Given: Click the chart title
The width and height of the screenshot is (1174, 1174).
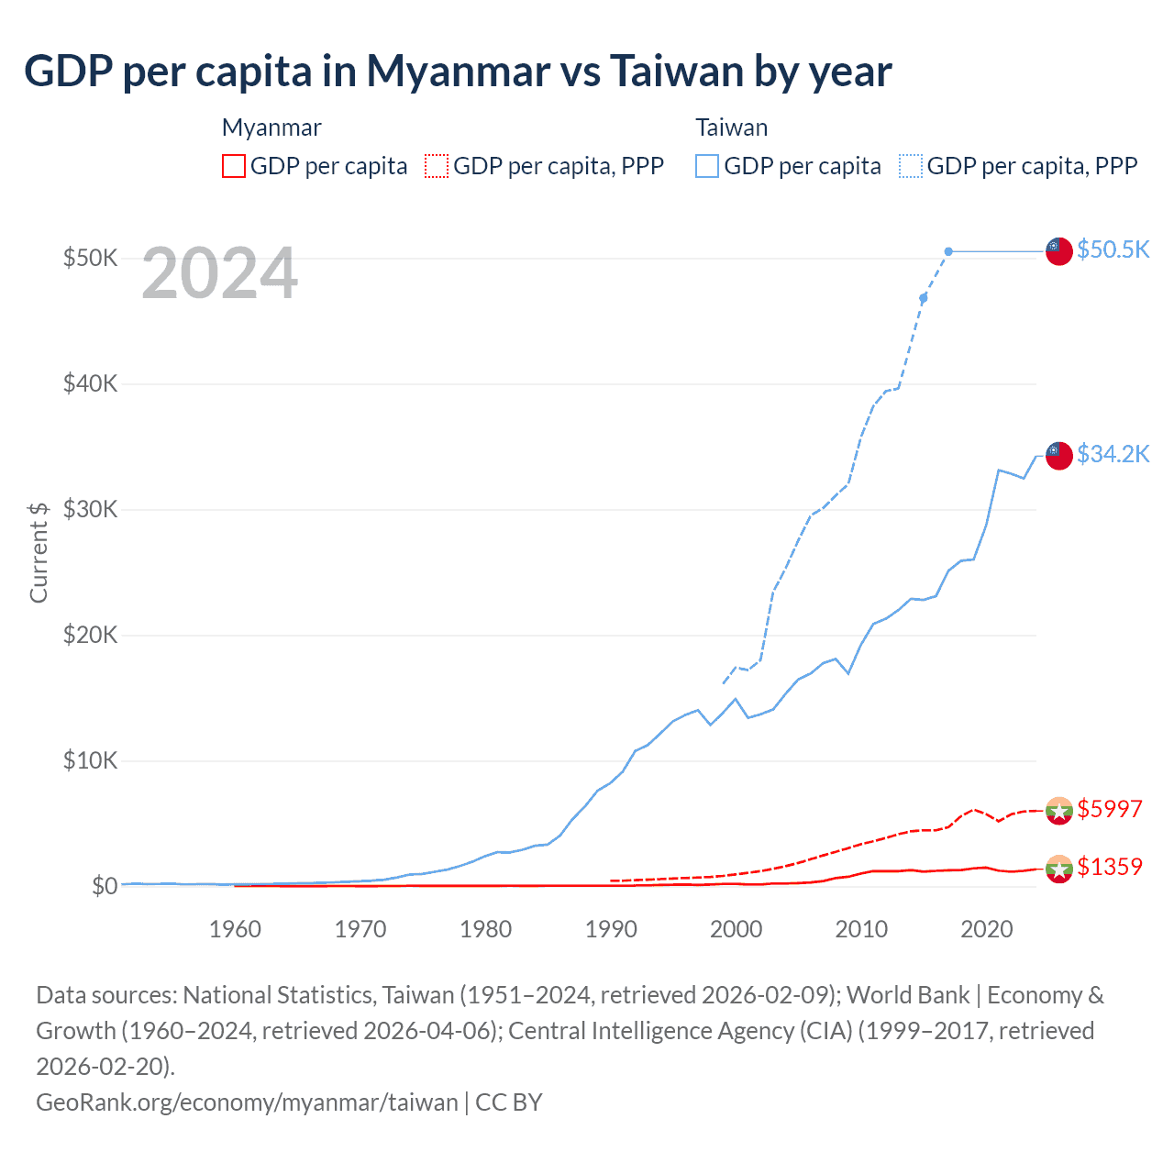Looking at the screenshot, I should (458, 72).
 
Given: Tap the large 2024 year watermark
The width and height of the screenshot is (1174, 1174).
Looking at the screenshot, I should (220, 273).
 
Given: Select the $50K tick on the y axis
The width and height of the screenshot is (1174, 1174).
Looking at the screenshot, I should (90, 258).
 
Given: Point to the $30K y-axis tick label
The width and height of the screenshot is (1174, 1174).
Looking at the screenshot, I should (90, 509).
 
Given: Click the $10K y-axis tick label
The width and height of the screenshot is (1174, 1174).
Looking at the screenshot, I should (90, 760).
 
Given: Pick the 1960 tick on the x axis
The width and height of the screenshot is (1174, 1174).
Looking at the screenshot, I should (235, 929).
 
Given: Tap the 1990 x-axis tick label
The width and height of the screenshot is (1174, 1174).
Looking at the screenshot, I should (611, 929).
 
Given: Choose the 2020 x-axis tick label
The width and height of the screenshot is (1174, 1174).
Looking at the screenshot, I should (986, 929).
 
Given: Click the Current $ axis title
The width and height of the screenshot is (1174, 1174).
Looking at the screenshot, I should (39, 552).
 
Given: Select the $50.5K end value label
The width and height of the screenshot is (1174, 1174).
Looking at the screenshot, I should (1113, 249).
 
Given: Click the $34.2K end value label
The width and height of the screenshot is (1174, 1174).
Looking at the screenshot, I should (1113, 454).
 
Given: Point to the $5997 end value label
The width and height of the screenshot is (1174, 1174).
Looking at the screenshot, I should (1109, 809).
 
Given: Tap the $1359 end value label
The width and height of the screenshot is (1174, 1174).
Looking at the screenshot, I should (1109, 867).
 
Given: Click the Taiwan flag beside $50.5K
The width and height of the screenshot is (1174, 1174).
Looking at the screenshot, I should (1059, 250).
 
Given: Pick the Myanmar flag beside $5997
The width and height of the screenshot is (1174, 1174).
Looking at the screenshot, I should (1059, 811).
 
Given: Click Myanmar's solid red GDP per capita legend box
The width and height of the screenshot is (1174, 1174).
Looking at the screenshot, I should (234, 166).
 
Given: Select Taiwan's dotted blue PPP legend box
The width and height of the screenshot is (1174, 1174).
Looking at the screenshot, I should (911, 166).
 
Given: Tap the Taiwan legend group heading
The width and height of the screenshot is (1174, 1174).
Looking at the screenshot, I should (731, 127).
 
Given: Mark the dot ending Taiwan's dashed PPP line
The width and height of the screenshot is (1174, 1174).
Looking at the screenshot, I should (948, 251).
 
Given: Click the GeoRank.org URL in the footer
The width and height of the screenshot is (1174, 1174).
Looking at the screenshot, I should (247, 1102).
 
